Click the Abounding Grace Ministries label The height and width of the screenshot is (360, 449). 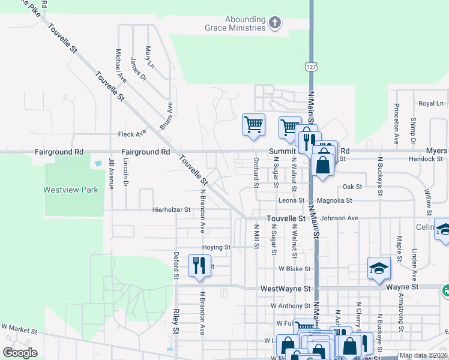pos(245,23)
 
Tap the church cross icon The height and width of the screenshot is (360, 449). pos(275,23)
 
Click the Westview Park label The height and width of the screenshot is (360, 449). pos(70,190)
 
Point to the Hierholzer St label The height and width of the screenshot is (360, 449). pos(171,210)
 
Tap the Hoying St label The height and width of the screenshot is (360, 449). pos(216,247)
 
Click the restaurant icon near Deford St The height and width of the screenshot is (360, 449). pos(199,265)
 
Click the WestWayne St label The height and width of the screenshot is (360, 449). pos(285,289)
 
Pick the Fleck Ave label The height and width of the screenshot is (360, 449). pos(132,134)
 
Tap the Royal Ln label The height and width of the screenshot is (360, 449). pos(430,104)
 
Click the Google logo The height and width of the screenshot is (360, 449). pos(20,353)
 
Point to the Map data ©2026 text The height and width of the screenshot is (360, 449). pos(423,355)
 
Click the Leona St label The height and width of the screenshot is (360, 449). pos(292,200)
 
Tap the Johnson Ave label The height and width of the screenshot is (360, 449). pos(339,218)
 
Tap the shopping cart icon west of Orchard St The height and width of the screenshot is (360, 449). pos(253,124)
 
